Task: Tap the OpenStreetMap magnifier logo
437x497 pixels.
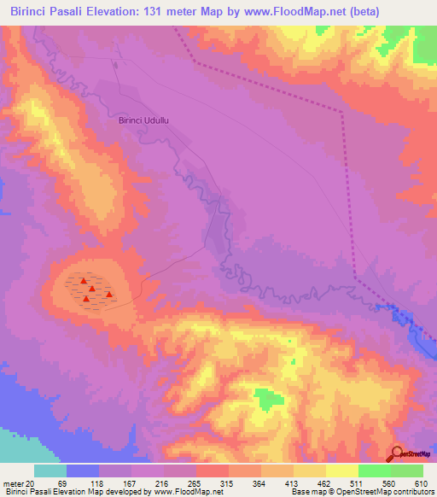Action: [398, 453]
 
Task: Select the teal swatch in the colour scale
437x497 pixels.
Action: [50, 470]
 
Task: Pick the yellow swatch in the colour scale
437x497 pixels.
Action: [342, 470]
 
